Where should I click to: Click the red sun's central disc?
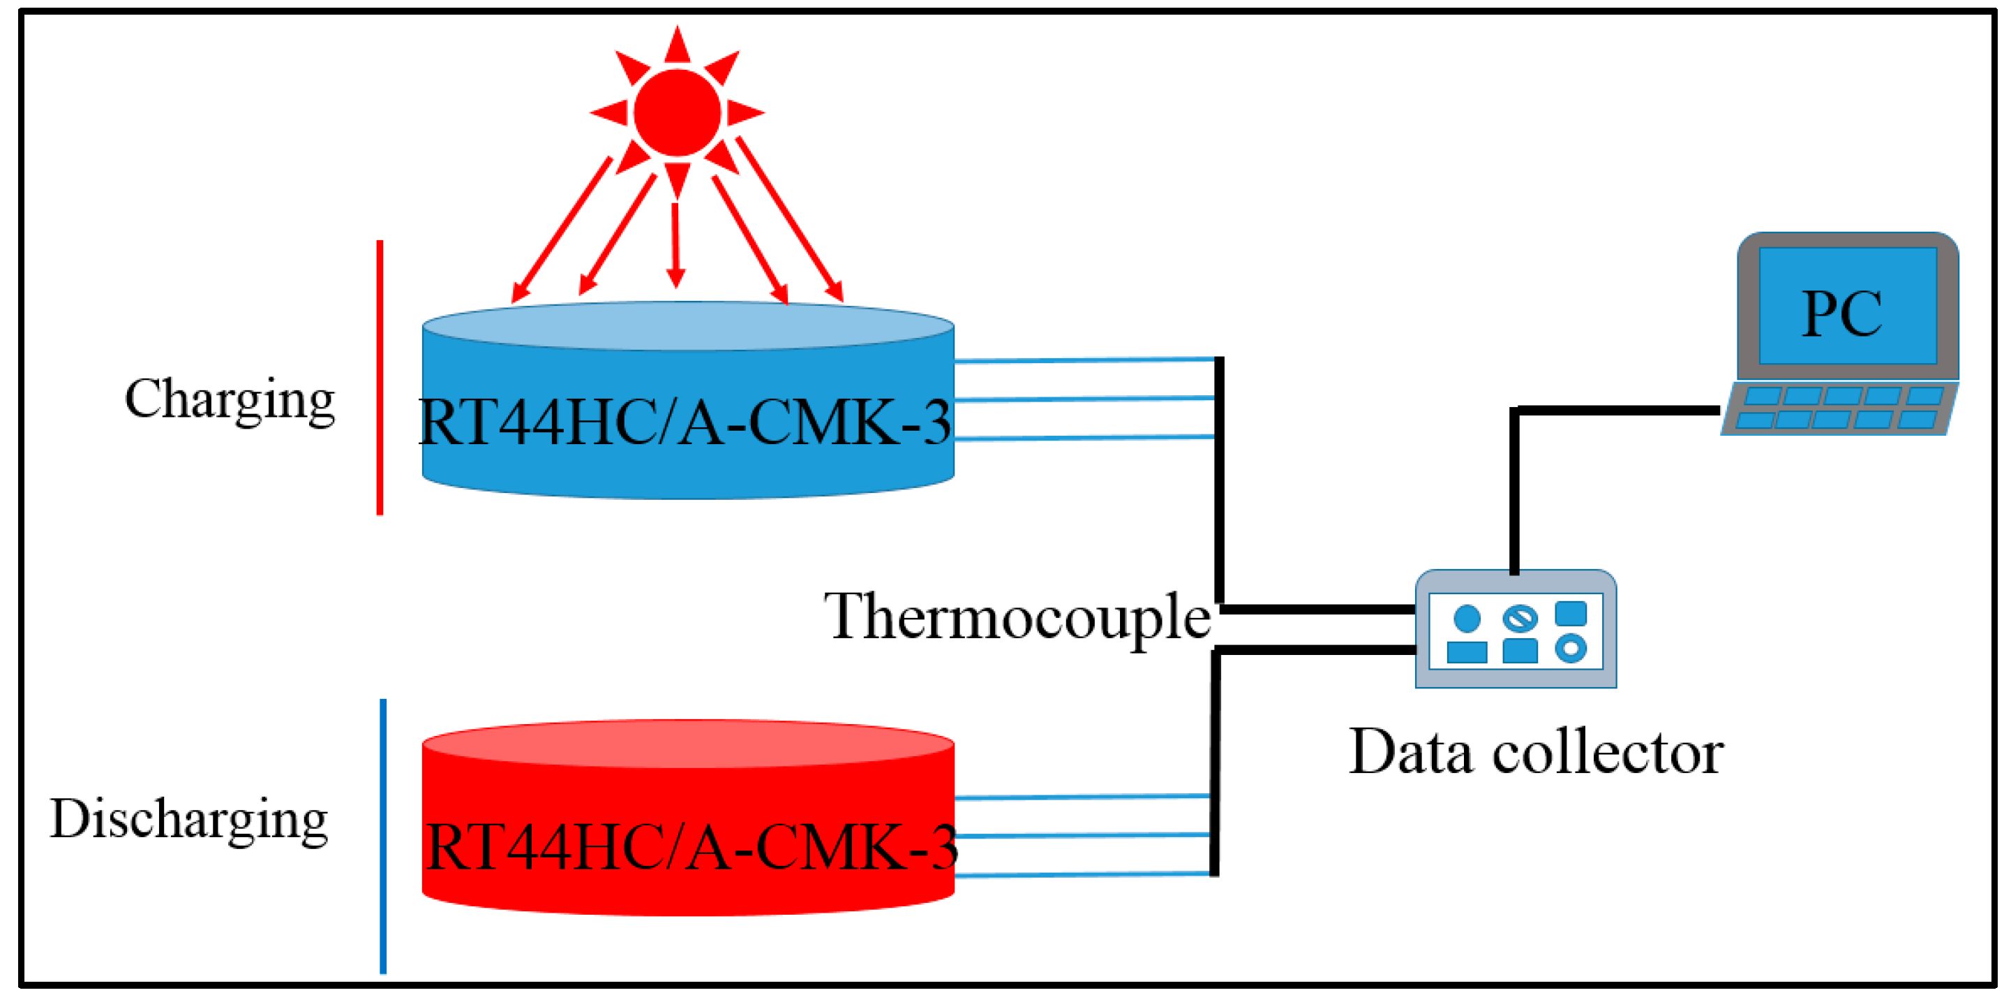click(x=677, y=113)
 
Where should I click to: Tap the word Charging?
click(x=230, y=400)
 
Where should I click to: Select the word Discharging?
click(x=189, y=819)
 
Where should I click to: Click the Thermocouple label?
click(x=1017, y=617)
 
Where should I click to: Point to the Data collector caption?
click(x=1536, y=752)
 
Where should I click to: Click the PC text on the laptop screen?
click(x=1842, y=314)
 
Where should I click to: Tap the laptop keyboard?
click(x=1839, y=408)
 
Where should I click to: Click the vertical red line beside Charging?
click(x=380, y=378)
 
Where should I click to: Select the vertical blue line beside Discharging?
click(x=382, y=836)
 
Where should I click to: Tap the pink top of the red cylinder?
click(x=688, y=744)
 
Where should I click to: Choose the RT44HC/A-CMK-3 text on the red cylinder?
click(x=690, y=849)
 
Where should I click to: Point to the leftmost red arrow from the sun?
click(x=562, y=230)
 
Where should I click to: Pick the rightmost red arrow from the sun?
click(x=789, y=219)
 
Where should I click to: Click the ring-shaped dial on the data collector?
click(x=1570, y=648)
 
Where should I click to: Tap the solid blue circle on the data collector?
click(x=1467, y=619)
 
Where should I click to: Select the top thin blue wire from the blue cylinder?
click(x=1085, y=360)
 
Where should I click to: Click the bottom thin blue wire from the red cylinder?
click(x=1084, y=875)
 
